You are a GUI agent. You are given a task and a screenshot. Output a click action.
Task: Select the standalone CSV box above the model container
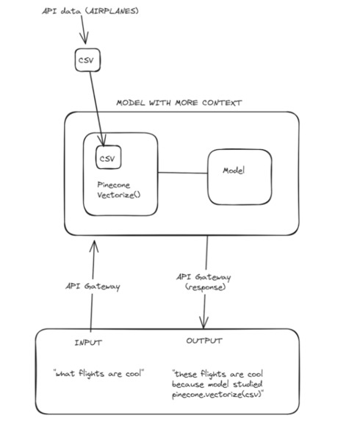pos(87,60)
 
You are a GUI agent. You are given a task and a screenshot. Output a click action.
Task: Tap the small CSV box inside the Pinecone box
pos(108,157)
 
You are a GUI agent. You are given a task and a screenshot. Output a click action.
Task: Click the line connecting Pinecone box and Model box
pos(182,173)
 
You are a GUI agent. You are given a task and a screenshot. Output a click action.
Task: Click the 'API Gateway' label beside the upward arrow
pos(92,287)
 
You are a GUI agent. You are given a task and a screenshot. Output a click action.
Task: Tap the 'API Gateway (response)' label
pos(204,281)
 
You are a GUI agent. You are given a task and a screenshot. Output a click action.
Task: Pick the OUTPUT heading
pos(205,342)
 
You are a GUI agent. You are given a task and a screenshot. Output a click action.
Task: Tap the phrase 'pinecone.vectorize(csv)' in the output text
pos(217,395)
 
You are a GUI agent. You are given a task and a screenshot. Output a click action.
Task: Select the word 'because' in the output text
pos(189,384)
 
